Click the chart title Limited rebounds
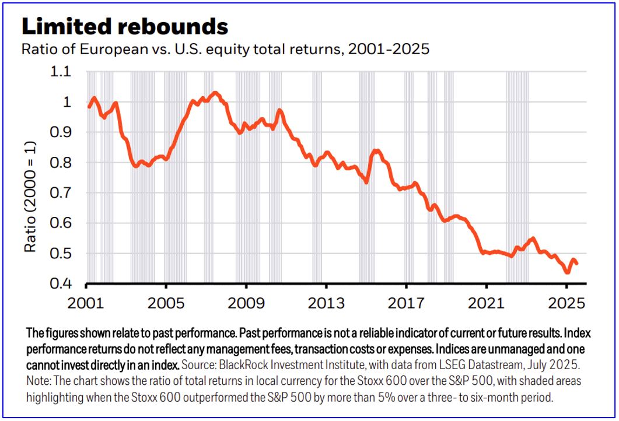coord(125,26)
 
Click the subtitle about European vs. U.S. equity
coord(225,49)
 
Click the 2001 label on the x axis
coord(86,304)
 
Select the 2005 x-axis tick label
coord(166,304)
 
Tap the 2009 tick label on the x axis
coord(246,304)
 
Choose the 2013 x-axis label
coord(326,304)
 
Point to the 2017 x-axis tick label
coord(405,304)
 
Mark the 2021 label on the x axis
coord(485,304)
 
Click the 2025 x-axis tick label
coord(565,304)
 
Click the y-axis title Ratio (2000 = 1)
coord(29,197)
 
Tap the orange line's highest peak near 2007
coord(215,93)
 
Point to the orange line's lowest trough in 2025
coord(567,272)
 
